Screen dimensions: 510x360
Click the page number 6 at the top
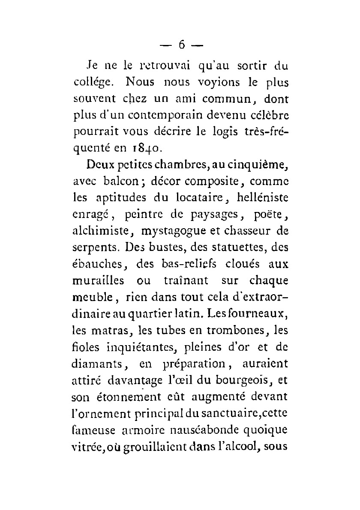182,45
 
